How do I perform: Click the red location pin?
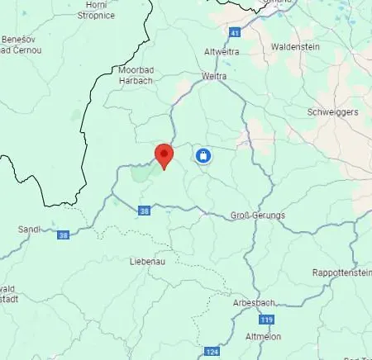[164, 155]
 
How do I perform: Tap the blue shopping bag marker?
[203, 155]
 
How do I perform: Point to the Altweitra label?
[222, 51]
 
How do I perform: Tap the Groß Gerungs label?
[257, 216]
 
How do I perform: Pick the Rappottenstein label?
[341, 272]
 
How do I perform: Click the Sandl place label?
[29, 229]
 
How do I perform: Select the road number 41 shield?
[235, 33]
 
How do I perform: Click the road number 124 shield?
[212, 351]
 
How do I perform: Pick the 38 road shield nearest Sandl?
[63, 235]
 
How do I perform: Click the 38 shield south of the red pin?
[145, 211]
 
